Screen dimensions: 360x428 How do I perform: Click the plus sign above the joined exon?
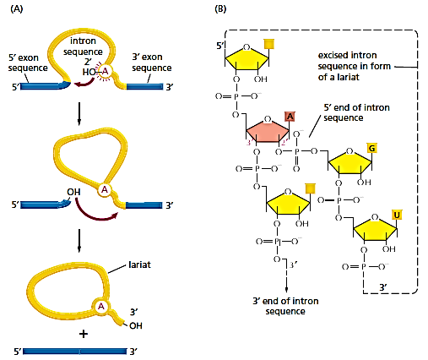click(83, 333)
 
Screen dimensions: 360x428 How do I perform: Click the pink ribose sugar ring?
click(269, 133)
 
